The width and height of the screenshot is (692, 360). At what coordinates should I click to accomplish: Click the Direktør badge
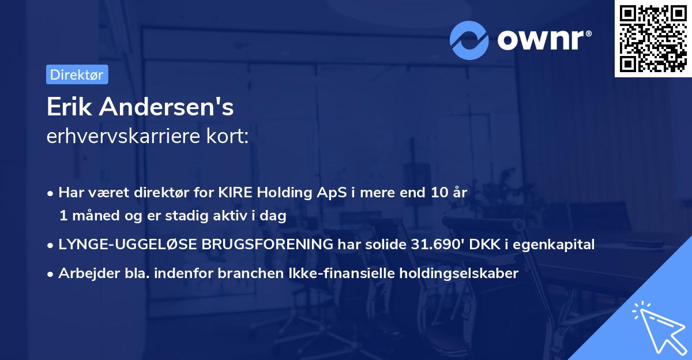click(77, 74)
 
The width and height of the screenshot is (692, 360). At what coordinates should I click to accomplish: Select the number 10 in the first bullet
click(435, 193)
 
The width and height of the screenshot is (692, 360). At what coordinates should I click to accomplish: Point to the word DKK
click(484, 244)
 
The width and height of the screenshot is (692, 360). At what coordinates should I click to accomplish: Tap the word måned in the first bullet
click(93, 216)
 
